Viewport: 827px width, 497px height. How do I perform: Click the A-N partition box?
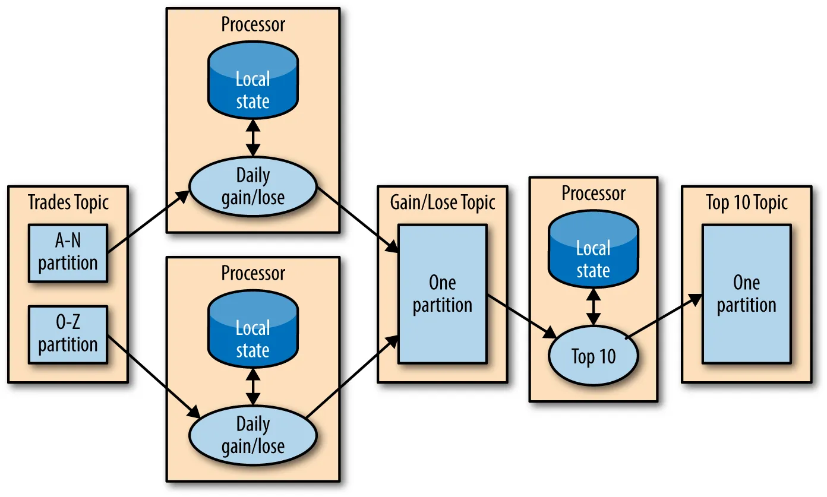click(x=68, y=253)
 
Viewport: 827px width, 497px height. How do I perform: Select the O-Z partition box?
click(x=68, y=335)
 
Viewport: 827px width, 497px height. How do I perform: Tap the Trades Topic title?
click(x=68, y=202)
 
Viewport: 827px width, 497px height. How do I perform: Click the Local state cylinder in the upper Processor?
click(x=253, y=83)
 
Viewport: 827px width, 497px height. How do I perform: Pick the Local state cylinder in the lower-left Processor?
click(x=253, y=333)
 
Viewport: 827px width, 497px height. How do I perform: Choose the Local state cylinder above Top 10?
click(x=593, y=253)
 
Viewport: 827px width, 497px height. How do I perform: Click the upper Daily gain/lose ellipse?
click(x=253, y=186)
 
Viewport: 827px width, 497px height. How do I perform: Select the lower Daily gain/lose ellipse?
click(x=253, y=435)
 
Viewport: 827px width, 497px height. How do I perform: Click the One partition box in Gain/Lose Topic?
click(x=443, y=294)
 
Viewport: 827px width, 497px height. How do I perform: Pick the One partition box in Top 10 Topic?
click(x=746, y=294)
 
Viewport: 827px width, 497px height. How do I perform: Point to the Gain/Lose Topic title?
click(x=443, y=202)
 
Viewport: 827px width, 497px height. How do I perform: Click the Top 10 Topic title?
click(x=747, y=202)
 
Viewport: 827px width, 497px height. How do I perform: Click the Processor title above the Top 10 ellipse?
click(x=594, y=194)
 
